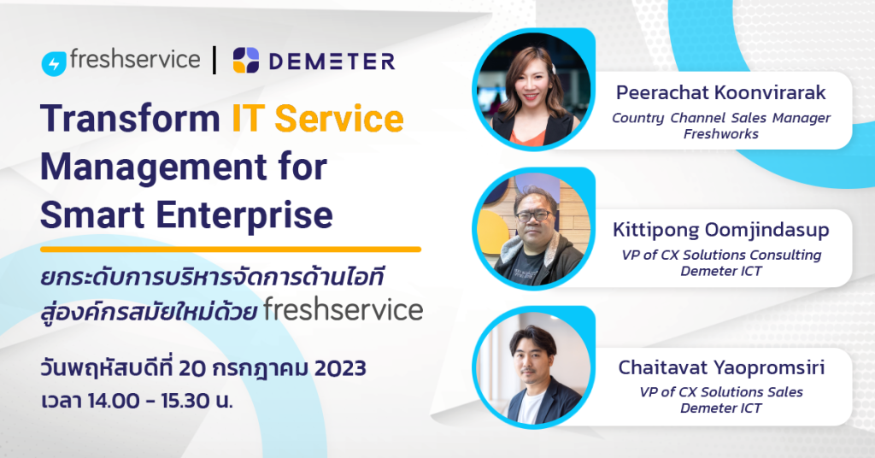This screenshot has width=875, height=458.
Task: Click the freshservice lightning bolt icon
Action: tap(54, 62)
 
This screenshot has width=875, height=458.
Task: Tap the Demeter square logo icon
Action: tap(246, 61)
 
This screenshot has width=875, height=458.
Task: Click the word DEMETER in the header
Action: tap(332, 62)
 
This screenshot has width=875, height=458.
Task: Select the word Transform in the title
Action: tap(130, 120)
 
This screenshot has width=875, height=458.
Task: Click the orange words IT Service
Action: tap(317, 120)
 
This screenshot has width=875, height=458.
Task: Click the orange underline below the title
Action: tap(231, 250)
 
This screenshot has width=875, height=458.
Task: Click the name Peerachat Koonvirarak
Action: tap(721, 92)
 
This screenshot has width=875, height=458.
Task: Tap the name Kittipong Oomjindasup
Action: tap(721, 230)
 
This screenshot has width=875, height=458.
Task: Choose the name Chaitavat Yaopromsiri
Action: tap(721, 367)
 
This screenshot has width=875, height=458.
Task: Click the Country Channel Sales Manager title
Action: tap(721, 118)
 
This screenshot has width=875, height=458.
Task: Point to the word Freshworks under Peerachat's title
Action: tap(721, 134)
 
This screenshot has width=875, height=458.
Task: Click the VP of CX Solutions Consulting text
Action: tap(721, 255)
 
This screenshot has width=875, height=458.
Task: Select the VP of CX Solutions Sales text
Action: tap(721, 392)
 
